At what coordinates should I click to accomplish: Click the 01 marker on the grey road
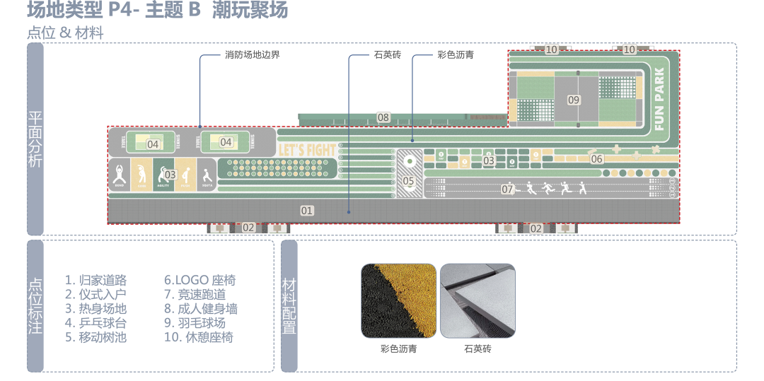coord(306,210)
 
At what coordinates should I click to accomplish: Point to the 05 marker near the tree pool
coord(408,181)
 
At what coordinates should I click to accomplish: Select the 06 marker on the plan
coord(596,159)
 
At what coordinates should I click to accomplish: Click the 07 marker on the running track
coord(507,189)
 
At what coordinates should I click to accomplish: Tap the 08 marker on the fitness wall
coord(383,117)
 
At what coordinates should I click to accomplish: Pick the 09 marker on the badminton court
coord(573,100)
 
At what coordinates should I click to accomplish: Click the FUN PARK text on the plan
coord(659,100)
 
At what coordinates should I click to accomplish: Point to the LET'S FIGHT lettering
coord(307,151)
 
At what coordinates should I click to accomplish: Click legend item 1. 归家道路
coord(95,280)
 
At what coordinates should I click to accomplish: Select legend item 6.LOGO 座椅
coord(200,280)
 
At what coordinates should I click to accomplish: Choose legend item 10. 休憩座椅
coord(198,337)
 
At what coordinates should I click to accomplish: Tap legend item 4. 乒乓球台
coord(95,322)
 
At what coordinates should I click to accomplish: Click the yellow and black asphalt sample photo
coord(398,300)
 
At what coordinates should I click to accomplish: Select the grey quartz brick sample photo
coord(477,300)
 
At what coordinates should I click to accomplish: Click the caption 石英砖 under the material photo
coord(477,348)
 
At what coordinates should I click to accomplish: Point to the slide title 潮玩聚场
coord(250,11)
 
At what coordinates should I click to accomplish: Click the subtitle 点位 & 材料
coord(65,33)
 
